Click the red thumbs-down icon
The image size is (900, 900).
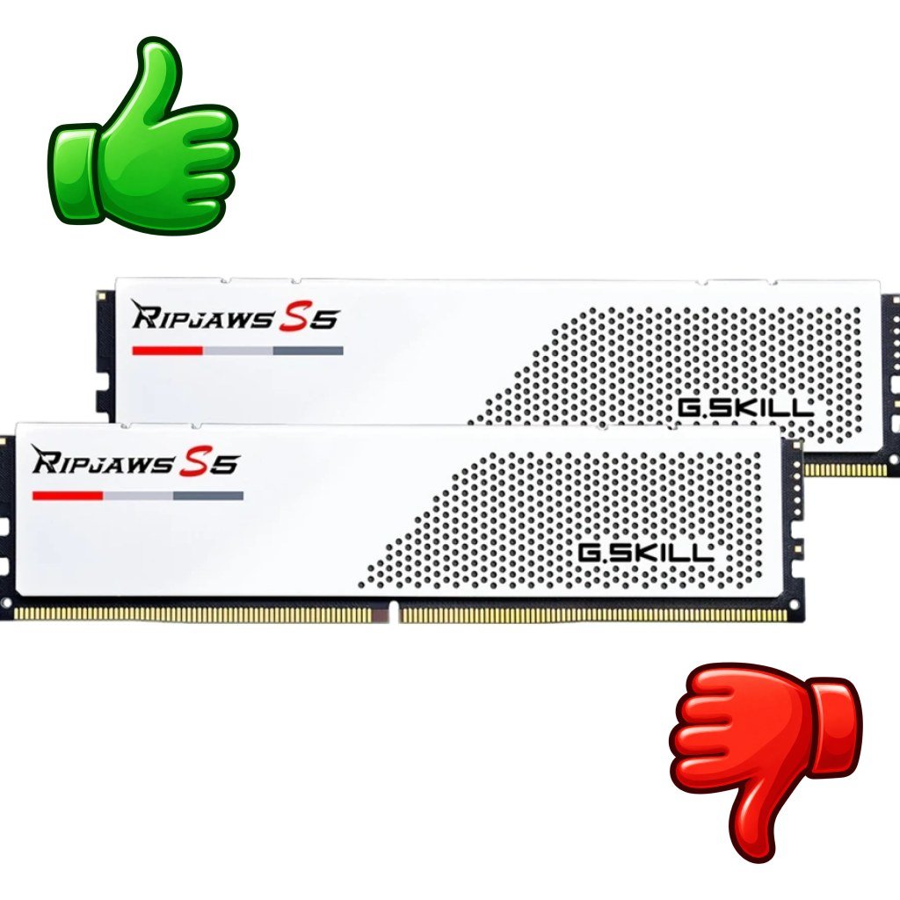(766, 764)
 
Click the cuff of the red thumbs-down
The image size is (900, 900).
(835, 726)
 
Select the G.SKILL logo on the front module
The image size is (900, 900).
(646, 554)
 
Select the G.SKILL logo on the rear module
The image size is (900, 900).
(746, 407)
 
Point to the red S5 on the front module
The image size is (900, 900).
(207, 462)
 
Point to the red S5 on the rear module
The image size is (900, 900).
(308, 317)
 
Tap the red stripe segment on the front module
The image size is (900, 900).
(68, 496)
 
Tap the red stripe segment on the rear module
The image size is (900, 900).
(168, 351)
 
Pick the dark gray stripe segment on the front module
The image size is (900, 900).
(208, 496)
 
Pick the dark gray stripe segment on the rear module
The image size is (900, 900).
(308, 351)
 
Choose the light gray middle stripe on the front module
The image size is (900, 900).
(138, 496)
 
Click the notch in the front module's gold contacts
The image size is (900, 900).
(393, 612)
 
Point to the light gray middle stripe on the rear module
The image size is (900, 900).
(238, 351)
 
